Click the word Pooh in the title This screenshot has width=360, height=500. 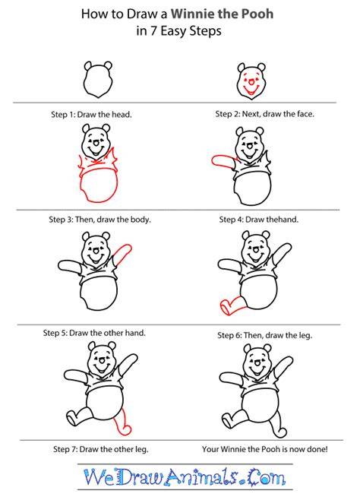[256, 14]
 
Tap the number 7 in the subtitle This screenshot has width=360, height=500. [154, 31]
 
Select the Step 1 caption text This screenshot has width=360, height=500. [91, 115]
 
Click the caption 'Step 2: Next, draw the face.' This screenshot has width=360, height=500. [265, 114]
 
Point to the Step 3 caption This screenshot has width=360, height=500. [99, 220]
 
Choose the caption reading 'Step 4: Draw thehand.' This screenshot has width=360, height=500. [259, 220]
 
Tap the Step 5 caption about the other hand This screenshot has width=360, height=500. [94, 333]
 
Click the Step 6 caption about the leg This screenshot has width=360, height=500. [265, 335]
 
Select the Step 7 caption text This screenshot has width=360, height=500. [101, 449]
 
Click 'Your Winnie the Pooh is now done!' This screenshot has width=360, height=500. [265, 449]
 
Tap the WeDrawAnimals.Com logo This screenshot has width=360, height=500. [185, 477]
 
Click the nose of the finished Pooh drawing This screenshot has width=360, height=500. [257, 363]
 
